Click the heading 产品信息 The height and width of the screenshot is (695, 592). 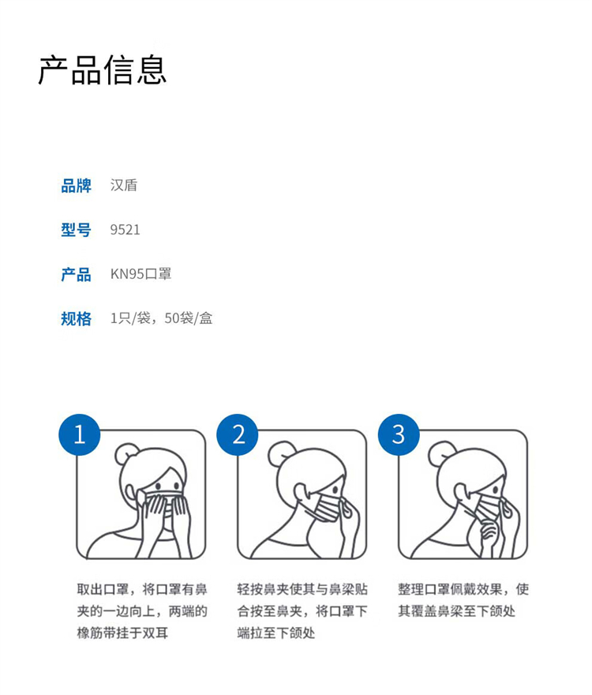[103, 70]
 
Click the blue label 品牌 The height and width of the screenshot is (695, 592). [77, 186]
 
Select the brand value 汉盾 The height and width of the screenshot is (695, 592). [124, 186]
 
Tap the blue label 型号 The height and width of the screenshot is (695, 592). [77, 230]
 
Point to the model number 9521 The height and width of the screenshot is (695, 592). [125, 230]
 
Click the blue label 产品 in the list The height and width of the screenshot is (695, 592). [77, 274]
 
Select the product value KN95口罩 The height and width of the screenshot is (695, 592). [141, 274]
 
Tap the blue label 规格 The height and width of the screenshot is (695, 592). [77, 319]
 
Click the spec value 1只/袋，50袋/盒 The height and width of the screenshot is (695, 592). [161, 318]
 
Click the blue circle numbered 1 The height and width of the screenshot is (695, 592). [80, 434]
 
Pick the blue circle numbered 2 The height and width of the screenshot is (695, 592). [238, 434]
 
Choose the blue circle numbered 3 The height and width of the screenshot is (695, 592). [399, 434]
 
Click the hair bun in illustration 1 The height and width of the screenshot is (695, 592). [126, 453]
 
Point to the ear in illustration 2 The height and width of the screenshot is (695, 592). [302, 491]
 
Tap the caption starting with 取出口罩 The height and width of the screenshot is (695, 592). [142, 611]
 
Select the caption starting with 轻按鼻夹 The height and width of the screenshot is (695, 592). [302, 611]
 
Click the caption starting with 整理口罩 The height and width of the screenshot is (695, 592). [463, 600]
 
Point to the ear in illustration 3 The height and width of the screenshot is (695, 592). [462, 491]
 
